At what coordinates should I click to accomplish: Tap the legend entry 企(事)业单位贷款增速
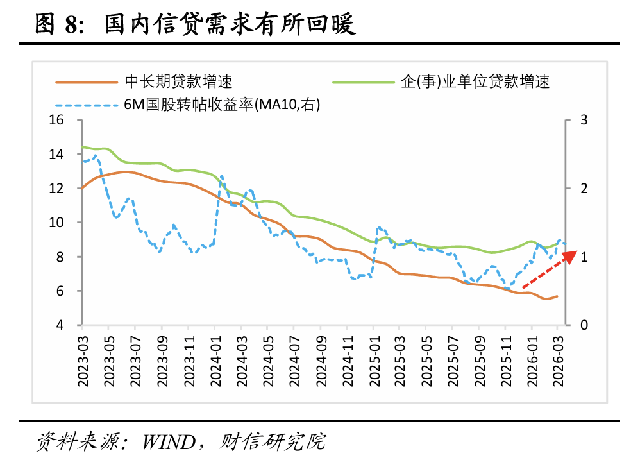(475, 81)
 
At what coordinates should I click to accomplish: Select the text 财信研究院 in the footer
(273, 442)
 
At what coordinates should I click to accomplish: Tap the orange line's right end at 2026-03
(557, 296)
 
